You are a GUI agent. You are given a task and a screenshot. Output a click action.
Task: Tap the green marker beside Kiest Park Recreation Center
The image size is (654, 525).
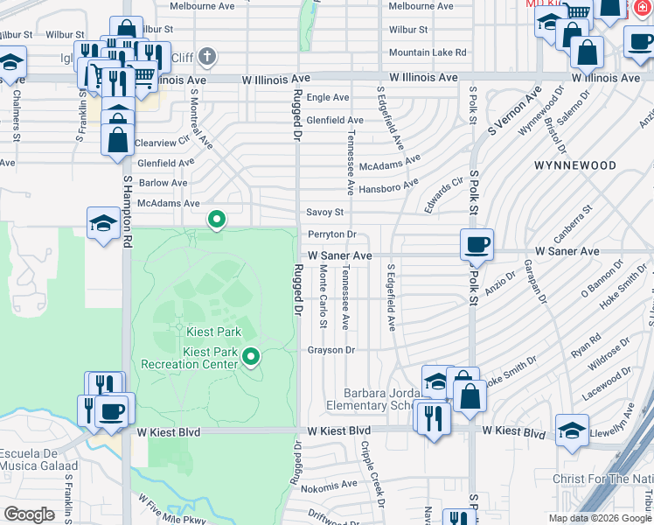tap(252, 356)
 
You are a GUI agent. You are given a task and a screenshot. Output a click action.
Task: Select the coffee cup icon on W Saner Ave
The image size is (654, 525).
tap(477, 245)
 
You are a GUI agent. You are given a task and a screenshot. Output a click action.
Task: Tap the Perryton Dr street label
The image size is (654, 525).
tap(331, 234)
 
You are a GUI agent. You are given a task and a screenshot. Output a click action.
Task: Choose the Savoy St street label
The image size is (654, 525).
tap(324, 213)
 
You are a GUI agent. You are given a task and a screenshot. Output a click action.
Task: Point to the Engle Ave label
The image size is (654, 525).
tap(328, 98)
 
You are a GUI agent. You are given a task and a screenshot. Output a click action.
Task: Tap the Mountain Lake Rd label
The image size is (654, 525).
tap(427, 52)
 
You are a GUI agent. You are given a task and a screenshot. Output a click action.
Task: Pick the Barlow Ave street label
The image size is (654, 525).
tap(163, 183)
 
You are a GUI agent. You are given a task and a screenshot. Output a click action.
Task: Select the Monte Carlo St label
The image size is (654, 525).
tap(323, 298)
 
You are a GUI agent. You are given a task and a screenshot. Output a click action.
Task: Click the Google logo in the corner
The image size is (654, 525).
tap(29, 514)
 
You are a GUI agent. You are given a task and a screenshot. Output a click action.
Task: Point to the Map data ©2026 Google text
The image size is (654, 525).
tap(600, 518)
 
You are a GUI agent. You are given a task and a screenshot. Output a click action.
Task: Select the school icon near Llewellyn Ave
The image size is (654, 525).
tap(572, 430)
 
